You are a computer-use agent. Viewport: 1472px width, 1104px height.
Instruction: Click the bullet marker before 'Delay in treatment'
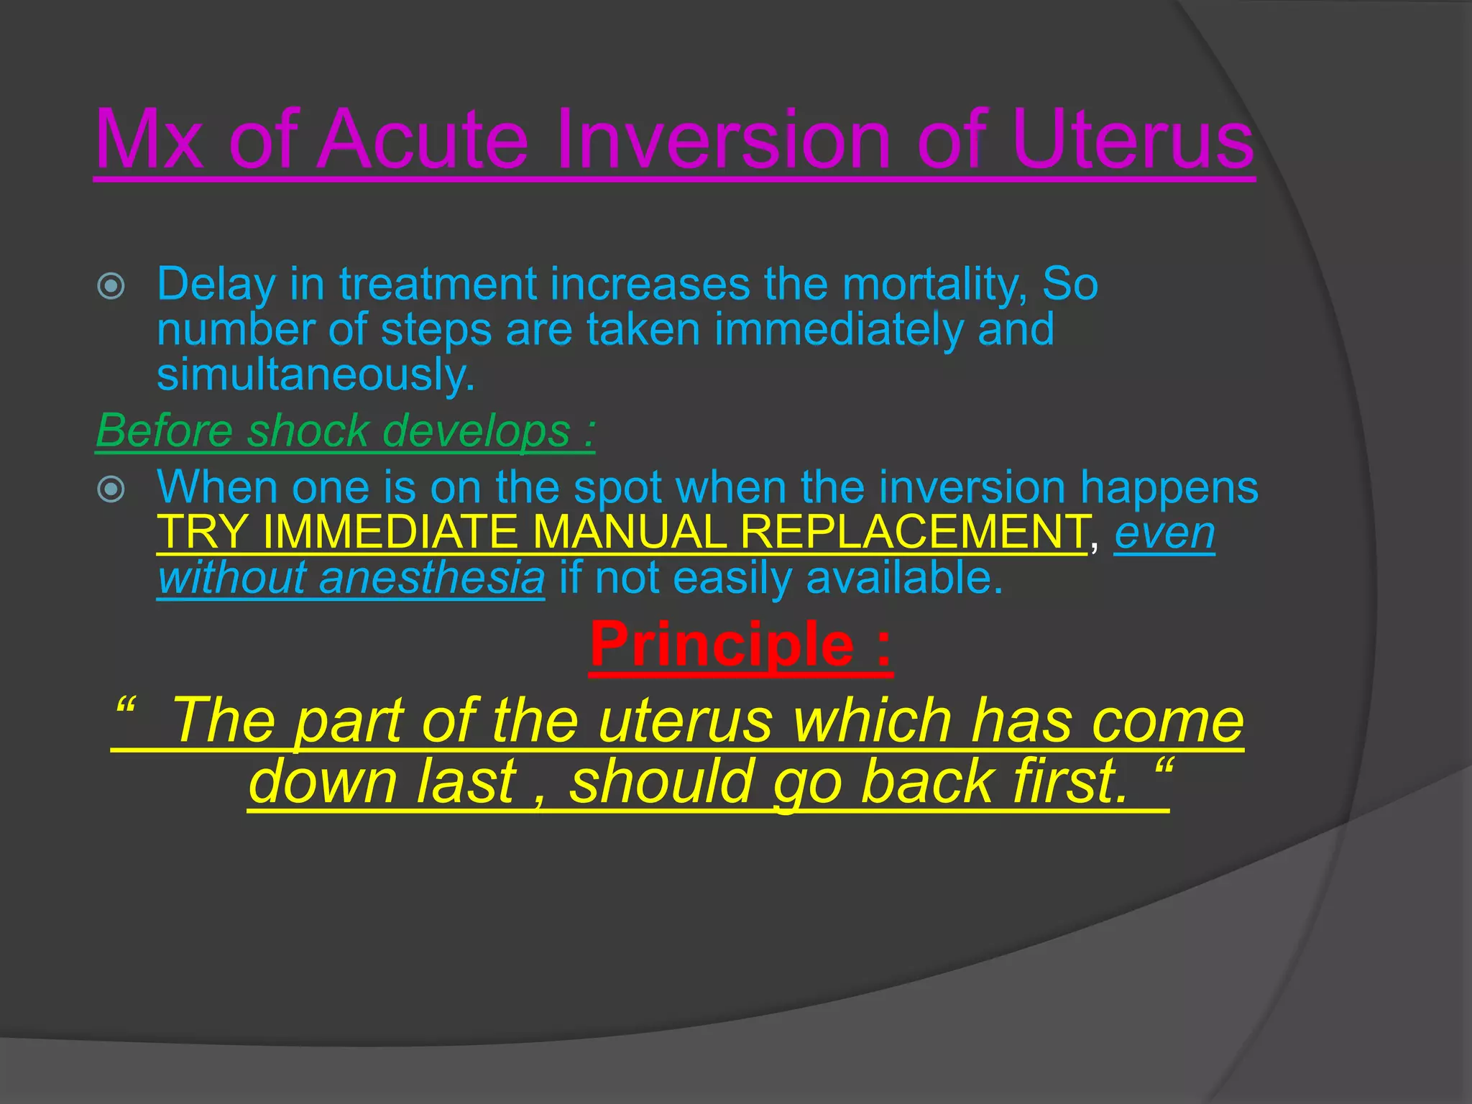(111, 287)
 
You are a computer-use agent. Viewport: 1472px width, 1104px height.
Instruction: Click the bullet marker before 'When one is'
(111, 490)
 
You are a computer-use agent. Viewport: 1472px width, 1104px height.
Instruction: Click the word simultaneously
(316, 375)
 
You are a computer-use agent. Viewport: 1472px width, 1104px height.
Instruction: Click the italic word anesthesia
(431, 578)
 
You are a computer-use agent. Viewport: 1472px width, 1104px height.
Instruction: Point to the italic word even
(1164, 533)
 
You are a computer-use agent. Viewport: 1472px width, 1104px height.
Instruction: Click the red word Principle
(722, 645)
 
